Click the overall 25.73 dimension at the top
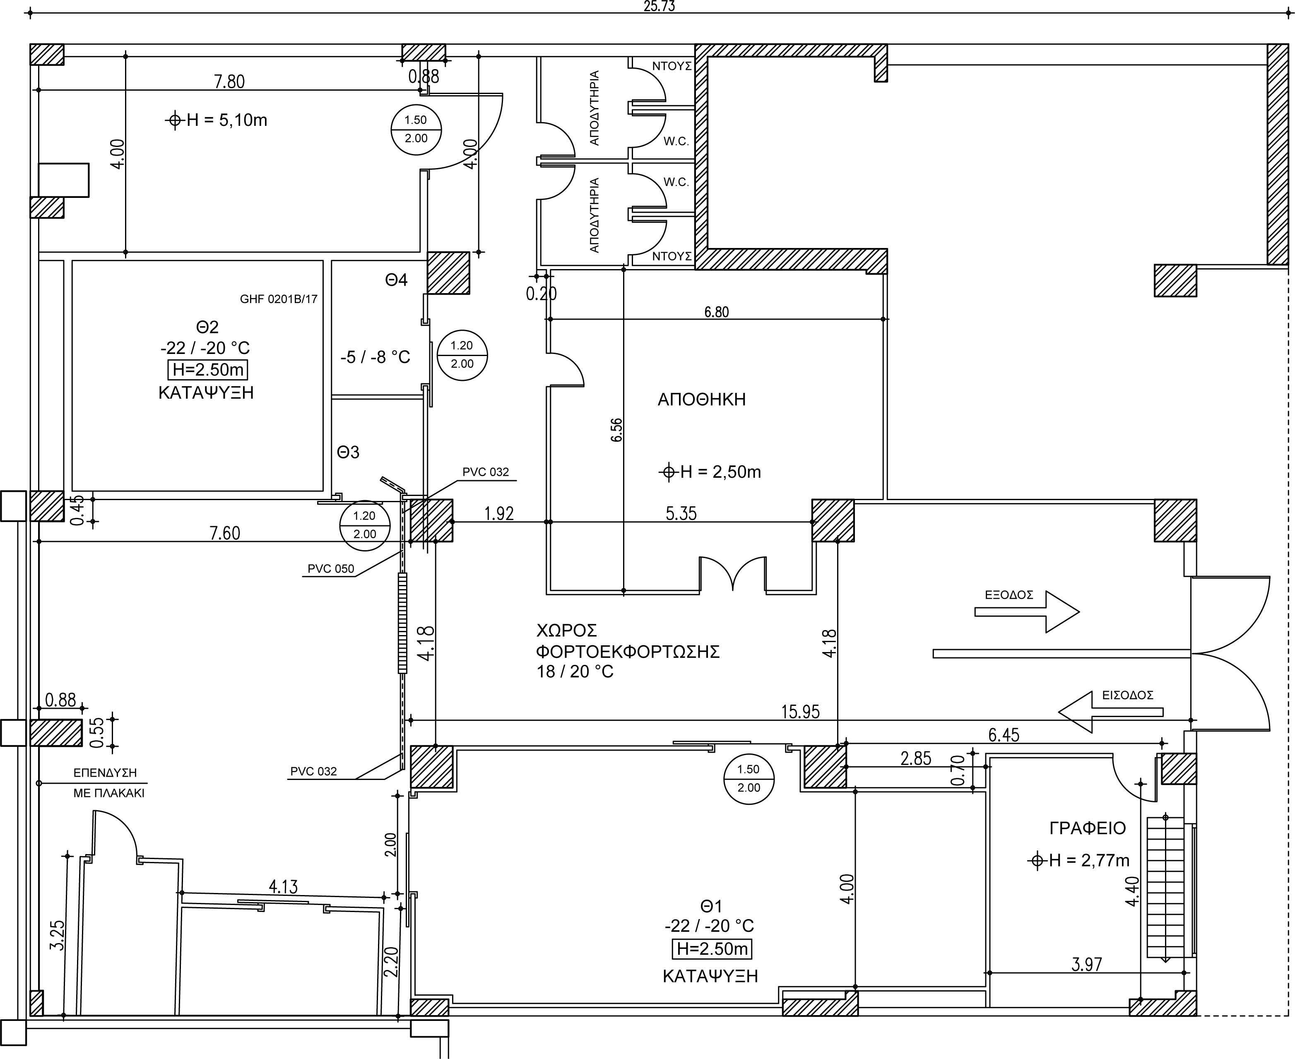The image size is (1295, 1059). (660, 6)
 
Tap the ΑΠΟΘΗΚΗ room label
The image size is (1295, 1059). (701, 400)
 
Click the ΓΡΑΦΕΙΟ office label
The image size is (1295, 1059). (1088, 828)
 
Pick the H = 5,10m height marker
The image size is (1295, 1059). (217, 120)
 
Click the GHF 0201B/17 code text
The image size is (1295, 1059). (279, 299)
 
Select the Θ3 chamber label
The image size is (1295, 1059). (348, 452)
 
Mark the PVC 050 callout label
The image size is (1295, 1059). (331, 568)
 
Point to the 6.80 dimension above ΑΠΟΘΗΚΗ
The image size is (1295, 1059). (717, 312)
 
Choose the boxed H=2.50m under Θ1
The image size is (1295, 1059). (712, 948)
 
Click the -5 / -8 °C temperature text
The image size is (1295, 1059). (375, 357)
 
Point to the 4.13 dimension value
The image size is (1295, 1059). (284, 886)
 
